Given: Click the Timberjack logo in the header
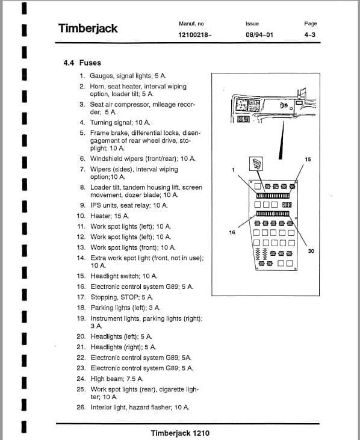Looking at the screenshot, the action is (x=88, y=29).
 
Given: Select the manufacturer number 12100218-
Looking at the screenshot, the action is (x=195, y=35).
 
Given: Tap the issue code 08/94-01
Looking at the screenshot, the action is (x=259, y=35).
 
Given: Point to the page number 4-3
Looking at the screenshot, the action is (x=310, y=35).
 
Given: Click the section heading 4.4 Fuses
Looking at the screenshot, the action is (x=82, y=63).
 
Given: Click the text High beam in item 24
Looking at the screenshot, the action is (x=107, y=379).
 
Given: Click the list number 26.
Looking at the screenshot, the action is (x=81, y=407).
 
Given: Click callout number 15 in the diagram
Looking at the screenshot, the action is (x=308, y=160).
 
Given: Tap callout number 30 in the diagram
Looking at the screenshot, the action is (x=311, y=251).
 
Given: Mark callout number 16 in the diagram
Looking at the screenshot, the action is (x=232, y=232).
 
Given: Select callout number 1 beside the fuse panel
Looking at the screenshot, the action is (x=233, y=170).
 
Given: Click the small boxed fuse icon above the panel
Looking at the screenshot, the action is (x=256, y=164).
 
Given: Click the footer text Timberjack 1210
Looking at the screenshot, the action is (x=180, y=433).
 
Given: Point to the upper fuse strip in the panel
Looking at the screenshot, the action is (x=273, y=195).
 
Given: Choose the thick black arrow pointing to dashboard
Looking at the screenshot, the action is (x=281, y=140).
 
